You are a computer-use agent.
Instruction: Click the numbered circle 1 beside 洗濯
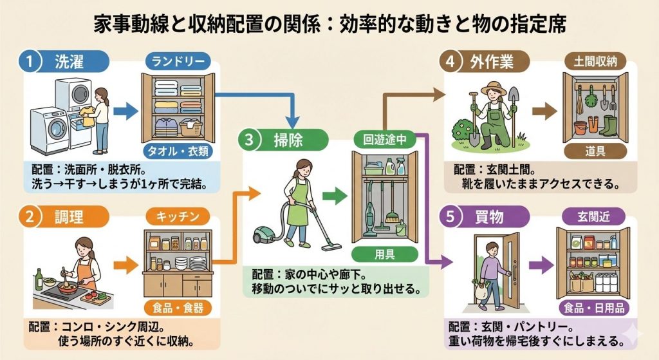coord(30,63)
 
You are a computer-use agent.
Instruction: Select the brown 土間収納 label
coord(595,62)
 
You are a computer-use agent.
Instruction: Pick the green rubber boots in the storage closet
coord(608,125)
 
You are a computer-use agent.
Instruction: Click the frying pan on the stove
coord(68,289)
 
